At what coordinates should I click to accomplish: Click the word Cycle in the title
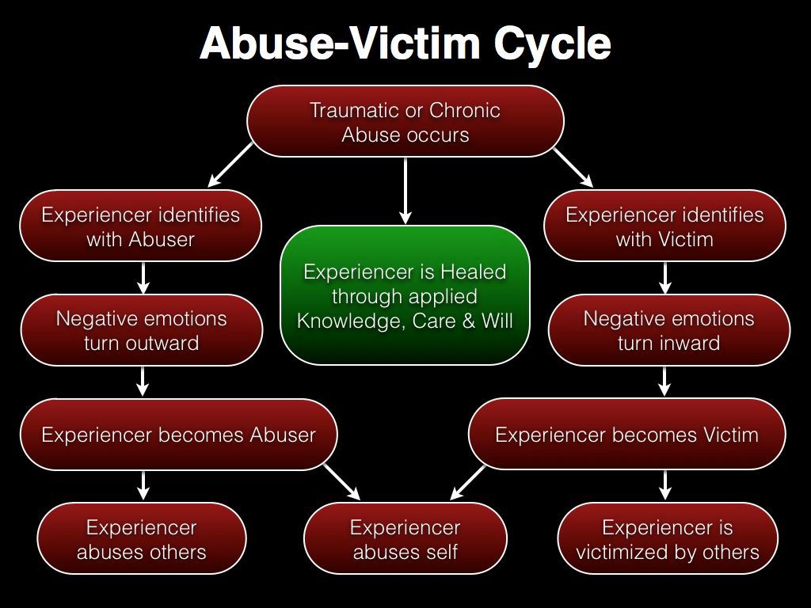[x=552, y=44]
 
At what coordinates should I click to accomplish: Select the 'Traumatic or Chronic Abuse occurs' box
[x=405, y=122]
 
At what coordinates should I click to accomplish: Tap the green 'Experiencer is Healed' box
[x=405, y=295]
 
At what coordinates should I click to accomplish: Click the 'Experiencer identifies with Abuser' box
[x=140, y=226]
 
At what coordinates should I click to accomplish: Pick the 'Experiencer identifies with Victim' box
[x=664, y=226]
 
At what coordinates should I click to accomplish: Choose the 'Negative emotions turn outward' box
[x=142, y=330]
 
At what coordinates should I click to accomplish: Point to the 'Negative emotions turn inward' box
[x=668, y=330]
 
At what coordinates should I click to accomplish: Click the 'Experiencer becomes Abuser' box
[x=178, y=435]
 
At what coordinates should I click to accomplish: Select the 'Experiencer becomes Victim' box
[x=626, y=435]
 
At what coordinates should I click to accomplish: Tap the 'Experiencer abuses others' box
[x=142, y=539]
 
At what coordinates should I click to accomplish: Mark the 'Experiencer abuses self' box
[x=405, y=539]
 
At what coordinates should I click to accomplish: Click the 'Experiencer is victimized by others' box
[x=668, y=539]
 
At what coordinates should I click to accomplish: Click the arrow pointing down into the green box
[x=405, y=190]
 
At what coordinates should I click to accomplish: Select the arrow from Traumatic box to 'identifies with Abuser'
[x=229, y=165]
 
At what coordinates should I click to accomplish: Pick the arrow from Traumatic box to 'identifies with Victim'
[x=573, y=167]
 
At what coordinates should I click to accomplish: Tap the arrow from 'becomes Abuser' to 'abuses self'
[x=341, y=482]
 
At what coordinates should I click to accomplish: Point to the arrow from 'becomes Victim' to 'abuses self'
[x=468, y=482]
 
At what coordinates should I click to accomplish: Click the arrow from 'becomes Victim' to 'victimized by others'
[x=664, y=485]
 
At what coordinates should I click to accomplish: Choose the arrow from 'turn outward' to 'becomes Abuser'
[x=143, y=381]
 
